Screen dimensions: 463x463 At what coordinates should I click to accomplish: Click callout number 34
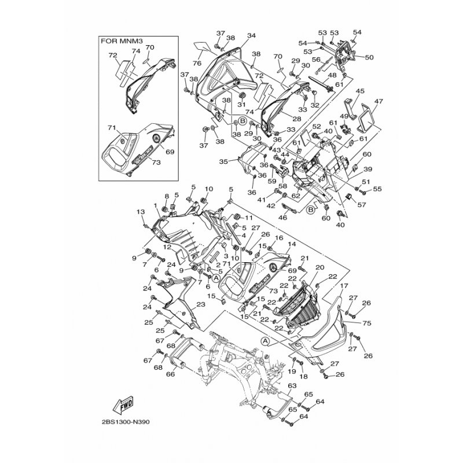251,36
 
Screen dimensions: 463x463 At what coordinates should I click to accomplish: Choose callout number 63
292,385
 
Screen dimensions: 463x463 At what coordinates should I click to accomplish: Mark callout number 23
201,304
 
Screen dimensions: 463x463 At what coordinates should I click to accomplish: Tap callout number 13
140,212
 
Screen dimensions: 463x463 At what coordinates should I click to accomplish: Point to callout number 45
360,91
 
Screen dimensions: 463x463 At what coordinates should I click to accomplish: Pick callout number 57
363,205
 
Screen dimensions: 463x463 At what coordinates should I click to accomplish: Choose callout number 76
197,64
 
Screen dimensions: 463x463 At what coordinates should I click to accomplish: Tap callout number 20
319,267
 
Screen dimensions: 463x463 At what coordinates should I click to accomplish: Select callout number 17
344,286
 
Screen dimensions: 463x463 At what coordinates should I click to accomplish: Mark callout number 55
377,189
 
